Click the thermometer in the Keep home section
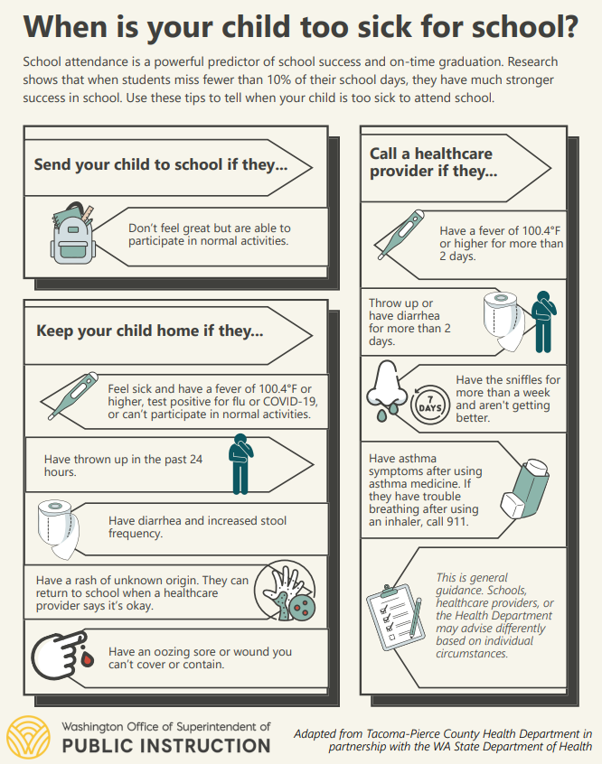coord(67,397)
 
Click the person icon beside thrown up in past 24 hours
coord(240,463)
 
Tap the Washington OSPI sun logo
coord(27,736)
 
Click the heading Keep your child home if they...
coord(149,331)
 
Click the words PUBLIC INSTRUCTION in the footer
coord(165,745)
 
